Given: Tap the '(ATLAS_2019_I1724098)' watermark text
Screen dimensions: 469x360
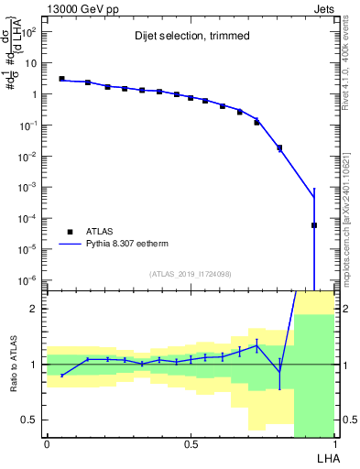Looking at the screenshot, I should pyautogui.click(x=191, y=274).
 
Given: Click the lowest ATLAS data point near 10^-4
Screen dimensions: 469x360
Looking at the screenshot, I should pyautogui.click(x=314, y=225).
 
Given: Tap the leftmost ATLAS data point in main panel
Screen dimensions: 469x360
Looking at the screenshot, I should pyautogui.click(x=61, y=79).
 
